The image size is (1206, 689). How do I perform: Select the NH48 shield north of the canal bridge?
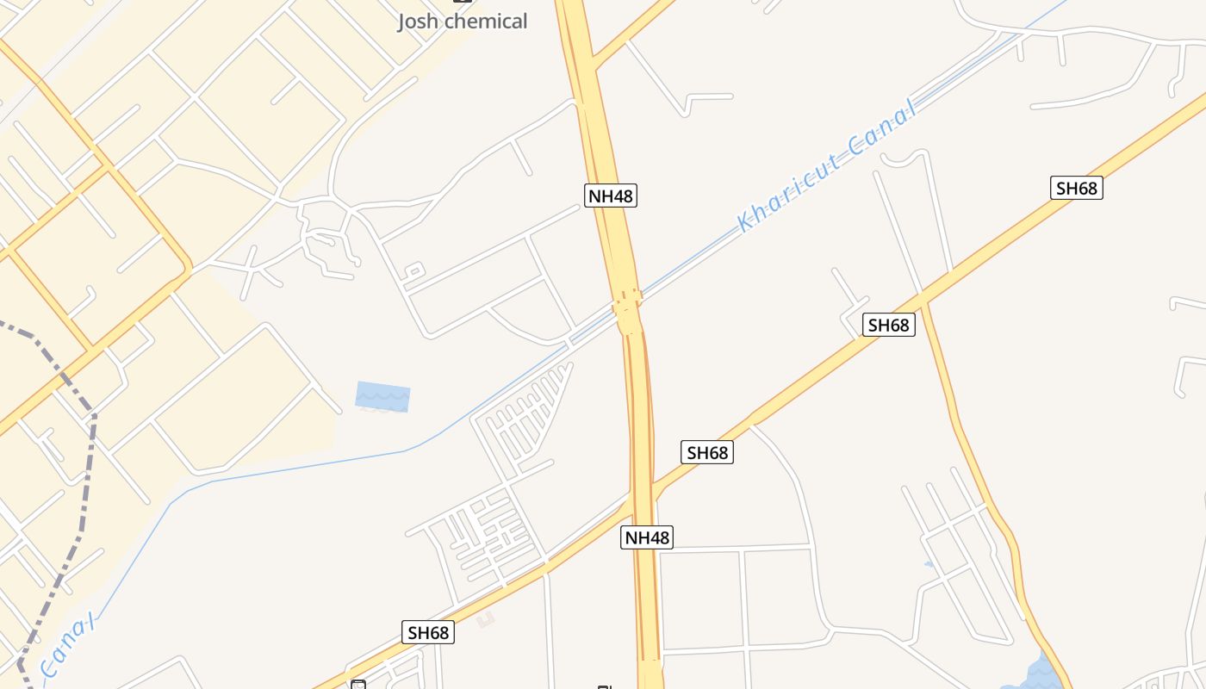[611, 196]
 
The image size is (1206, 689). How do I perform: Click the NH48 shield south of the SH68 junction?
[647, 537]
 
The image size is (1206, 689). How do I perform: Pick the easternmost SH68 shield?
[1077, 188]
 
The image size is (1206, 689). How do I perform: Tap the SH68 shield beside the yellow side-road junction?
[889, 325]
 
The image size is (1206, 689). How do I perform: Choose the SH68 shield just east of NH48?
[707, 452]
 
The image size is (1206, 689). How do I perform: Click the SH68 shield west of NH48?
[428, 632]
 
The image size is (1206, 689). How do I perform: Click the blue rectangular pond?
[382, 396]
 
